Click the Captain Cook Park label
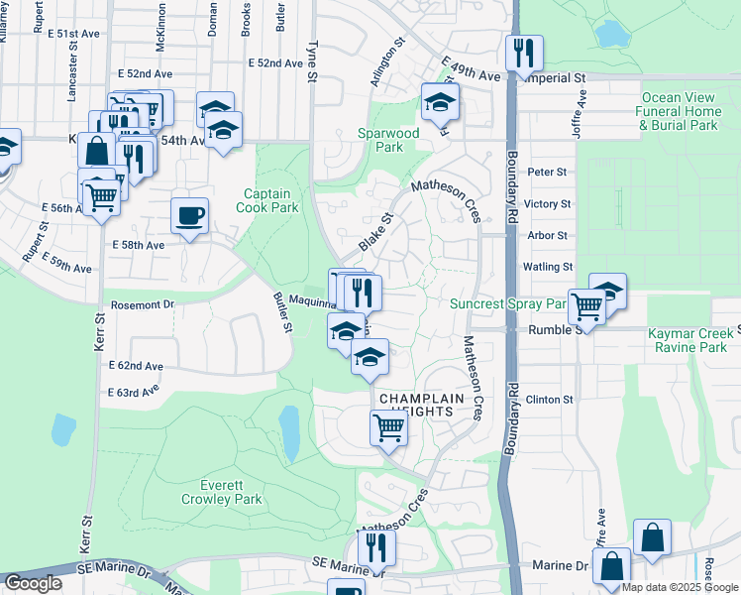(x=267, y=201)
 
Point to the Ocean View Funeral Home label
(x=679, y=111)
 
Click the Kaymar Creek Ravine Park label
(x=693, y=340)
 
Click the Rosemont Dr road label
(x=143, y=304)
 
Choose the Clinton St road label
(x=549, y=400)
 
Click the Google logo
(x=33, y=584)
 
